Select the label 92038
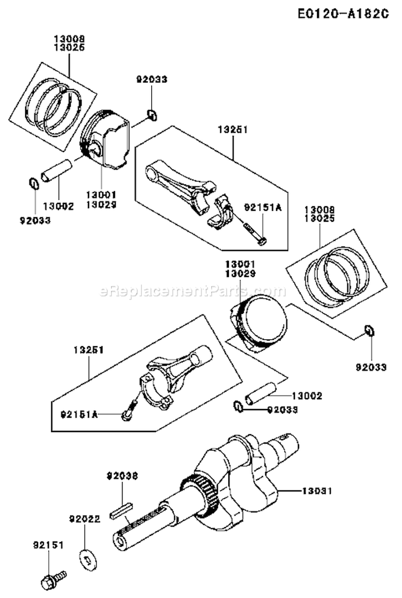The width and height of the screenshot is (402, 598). pos(122,476)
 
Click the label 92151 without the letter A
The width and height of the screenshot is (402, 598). pos(47,545)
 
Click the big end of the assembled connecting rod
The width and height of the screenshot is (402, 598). pos(157,386)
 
